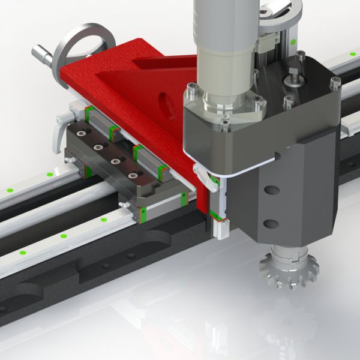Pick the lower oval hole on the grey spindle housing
[271, 223]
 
